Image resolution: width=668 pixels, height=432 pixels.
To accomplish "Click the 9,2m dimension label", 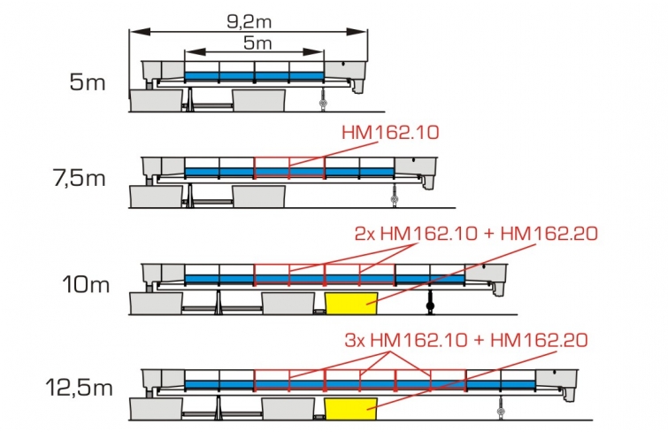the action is (x=250, y=22).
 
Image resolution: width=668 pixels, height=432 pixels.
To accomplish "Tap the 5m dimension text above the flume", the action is (x=257, y=42).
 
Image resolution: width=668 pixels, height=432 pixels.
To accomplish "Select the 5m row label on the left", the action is (x=88, y=81).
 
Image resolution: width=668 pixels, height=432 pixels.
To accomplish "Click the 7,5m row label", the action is (x=80, y=177).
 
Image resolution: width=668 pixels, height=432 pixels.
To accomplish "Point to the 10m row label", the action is (x=86, y=284).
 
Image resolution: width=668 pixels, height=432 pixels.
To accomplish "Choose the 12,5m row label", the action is (x=80, y=388).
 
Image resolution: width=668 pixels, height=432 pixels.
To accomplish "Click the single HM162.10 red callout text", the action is (x=390, y=133).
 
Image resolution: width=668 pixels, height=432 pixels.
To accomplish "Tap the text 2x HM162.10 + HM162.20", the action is (x=476, y=234).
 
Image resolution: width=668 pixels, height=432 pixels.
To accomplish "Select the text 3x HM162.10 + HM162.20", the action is (x=466, y=340).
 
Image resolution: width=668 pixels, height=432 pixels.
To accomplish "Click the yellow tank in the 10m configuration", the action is (x=351, y=304).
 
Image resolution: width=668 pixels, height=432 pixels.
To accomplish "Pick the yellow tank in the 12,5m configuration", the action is (x=351, y=409).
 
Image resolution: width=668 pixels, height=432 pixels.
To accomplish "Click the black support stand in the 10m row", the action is (x=430, y=302).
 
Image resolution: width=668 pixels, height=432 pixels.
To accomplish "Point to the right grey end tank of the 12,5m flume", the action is (x=557, y=384).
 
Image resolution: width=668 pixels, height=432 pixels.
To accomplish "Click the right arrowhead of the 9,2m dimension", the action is (x=357, y=32).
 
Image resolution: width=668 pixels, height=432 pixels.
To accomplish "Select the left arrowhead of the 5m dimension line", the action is (x=196, y=52).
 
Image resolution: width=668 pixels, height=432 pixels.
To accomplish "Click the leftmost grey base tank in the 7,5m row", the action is (x=157, y=197).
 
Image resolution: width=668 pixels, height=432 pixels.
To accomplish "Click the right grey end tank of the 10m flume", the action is (x=487, y=278).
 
